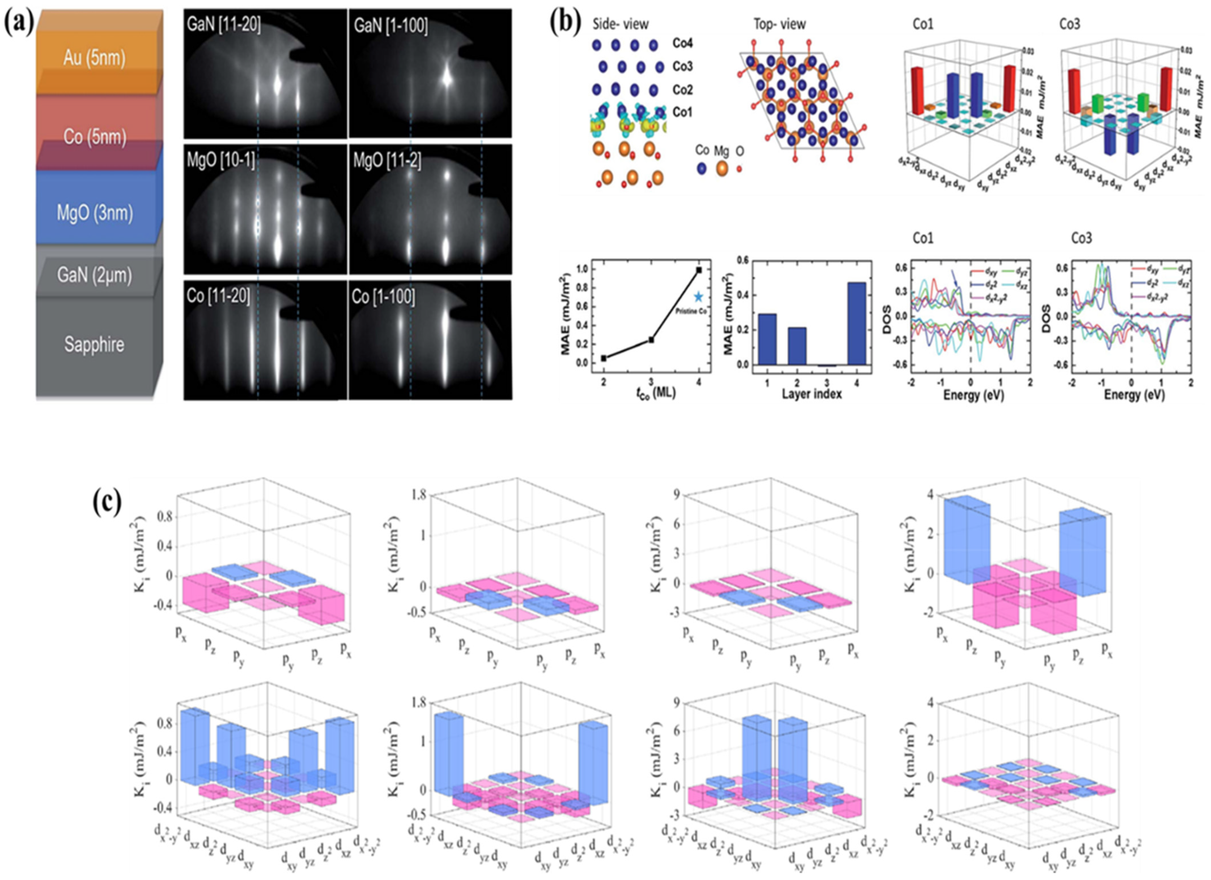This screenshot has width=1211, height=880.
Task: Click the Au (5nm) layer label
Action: tap(95, 58)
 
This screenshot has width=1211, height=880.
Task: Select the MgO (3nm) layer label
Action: tap(95, 213)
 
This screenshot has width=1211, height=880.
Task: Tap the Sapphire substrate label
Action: tap(95, 344)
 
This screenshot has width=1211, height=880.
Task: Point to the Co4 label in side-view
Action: tap(682, 43)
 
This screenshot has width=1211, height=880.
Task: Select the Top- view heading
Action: tap(780, 24)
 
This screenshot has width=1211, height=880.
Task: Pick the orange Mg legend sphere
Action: tap(722, 169)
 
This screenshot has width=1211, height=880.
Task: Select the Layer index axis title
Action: tap(812, 394)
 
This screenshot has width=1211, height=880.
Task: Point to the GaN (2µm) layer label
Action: tap(95, 276)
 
